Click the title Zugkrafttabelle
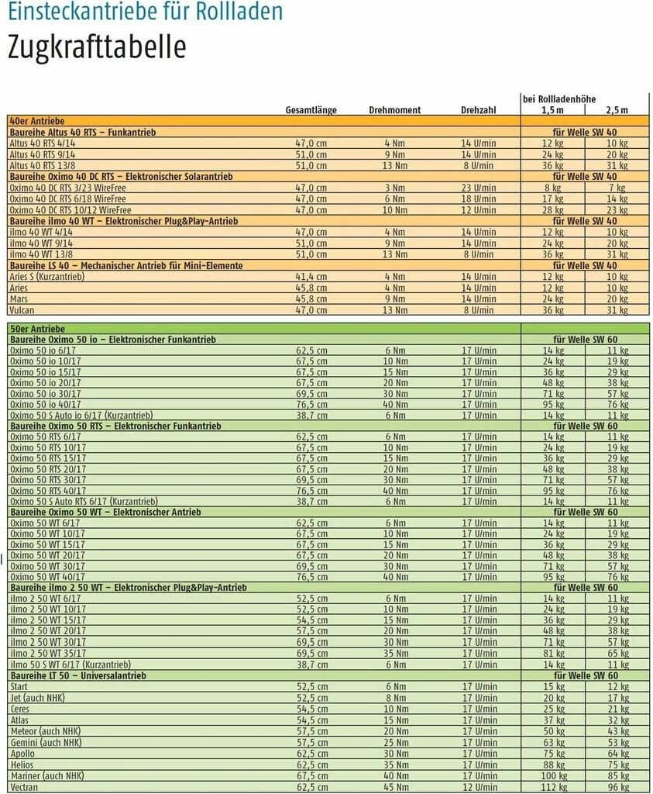coord(97,47)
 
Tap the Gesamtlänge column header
coord(311,110)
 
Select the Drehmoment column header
coord(394,110)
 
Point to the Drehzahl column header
coord(478,110)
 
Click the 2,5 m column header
coord(617,110)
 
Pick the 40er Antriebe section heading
coord(36,122)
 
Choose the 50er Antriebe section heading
coord(36,329)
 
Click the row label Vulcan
coord(22,310)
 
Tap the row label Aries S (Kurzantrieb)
coord(46,277)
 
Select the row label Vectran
coord(23,787)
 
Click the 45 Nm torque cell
coord(394,787)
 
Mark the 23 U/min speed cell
coord(479,188)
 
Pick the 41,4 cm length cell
coord(311,277)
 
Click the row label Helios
coord(22,765)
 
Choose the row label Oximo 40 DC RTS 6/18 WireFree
coord(70,199)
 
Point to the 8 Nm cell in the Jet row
coord(394,698)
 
